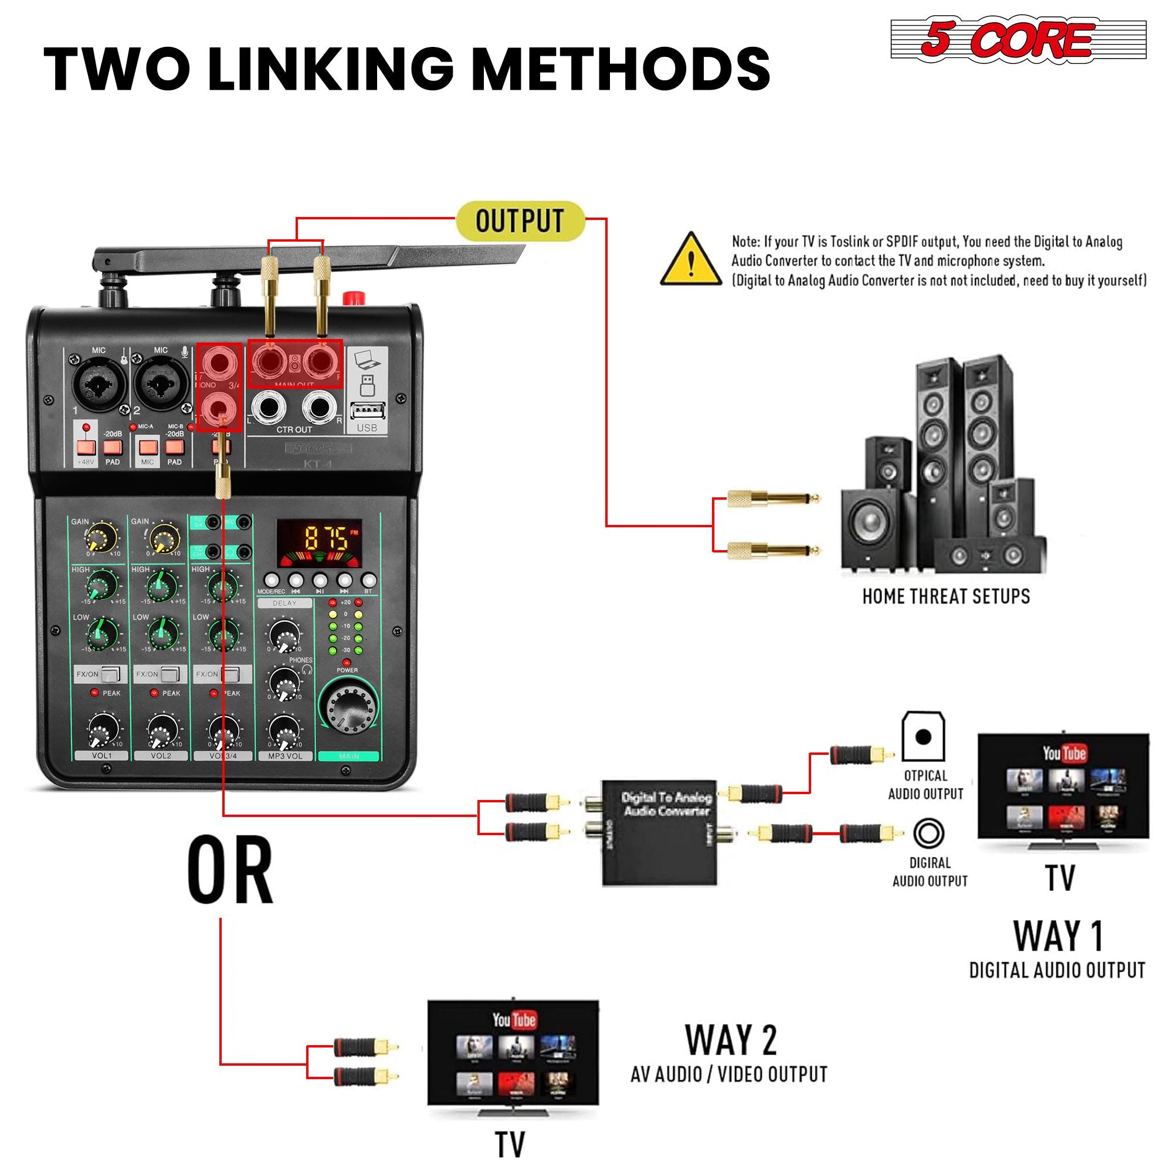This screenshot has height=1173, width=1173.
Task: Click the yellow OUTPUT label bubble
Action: tap(520, 221)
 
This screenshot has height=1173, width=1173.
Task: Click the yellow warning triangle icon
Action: tap(691, 260)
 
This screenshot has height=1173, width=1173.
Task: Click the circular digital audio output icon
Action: tap(929, 833)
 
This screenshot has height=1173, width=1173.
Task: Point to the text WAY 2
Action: tap(730, 1040)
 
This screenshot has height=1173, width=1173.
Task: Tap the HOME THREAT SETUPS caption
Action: tap(946, 596)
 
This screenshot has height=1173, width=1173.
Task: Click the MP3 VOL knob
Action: tap(283, 730)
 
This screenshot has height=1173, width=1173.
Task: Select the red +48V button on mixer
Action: tap(86, 447)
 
